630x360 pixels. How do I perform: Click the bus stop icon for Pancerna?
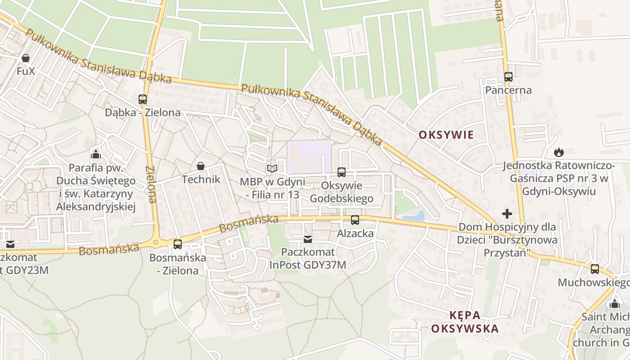(508, 77)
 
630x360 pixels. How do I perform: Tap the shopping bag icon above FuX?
(26, 58)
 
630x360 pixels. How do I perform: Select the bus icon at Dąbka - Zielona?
(143, 99)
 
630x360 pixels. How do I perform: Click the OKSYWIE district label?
(446, 135)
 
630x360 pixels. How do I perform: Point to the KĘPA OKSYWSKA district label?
(465, 322)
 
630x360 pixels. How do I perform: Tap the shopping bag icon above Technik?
(201, 166)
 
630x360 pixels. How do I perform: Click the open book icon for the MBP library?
(272, 168)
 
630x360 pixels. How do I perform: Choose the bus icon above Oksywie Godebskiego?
(342, 172)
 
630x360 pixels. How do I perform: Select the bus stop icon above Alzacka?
(355, 220)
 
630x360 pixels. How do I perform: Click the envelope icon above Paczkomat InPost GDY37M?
(308, 239)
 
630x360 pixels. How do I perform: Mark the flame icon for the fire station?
(559, 152)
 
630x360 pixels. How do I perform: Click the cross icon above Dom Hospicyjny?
(507, 213)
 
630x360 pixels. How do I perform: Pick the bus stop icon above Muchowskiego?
(594, 269)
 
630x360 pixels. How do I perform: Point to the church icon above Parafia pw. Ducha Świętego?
(95, 155)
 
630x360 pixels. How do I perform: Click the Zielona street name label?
(151, 184)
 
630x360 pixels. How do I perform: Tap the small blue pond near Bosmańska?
(414, 216)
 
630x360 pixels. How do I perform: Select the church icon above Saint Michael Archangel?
(615, 304)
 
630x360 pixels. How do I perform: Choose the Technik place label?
(201, 180)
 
